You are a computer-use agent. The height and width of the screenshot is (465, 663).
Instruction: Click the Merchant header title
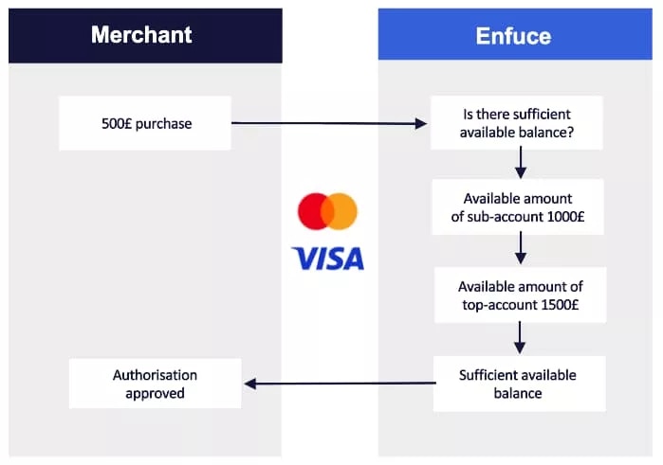[141, 35]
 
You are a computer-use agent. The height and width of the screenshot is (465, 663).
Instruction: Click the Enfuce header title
[513, 36]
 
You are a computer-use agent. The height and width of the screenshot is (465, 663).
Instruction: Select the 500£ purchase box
[145, 123]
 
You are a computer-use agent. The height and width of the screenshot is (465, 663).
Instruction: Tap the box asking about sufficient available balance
[517, 122]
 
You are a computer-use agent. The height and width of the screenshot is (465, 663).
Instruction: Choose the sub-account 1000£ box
[518, 207]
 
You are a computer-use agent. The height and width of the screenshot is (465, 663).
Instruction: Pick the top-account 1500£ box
[520, 295]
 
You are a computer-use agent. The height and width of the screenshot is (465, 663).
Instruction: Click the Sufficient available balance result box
[519, 384]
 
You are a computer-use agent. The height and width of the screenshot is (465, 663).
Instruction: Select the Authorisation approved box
[156, 384]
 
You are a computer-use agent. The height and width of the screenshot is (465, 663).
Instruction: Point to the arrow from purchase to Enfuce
[329, 123]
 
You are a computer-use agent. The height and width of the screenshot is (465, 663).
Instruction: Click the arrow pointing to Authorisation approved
[340, 384]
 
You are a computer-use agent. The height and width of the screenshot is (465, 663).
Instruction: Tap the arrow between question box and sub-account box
[521, 163]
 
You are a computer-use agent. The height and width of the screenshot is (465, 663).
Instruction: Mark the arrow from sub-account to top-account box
[521, 248]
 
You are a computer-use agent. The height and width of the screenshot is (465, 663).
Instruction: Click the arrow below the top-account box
[520, 337]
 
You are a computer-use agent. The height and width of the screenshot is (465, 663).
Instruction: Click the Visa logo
[327, 259]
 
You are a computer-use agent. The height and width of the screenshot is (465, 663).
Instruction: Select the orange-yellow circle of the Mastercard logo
[340, 211]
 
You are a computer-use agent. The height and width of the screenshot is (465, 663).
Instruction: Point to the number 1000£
[565, 217]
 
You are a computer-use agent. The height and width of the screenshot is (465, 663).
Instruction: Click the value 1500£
[560, 305]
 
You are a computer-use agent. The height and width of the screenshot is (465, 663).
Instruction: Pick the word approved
[155, 394]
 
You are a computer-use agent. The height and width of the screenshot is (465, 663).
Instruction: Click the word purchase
[164, 124]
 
